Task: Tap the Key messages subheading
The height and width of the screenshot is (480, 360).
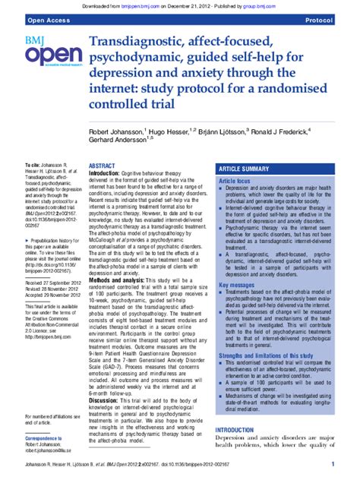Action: pos(236,264)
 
